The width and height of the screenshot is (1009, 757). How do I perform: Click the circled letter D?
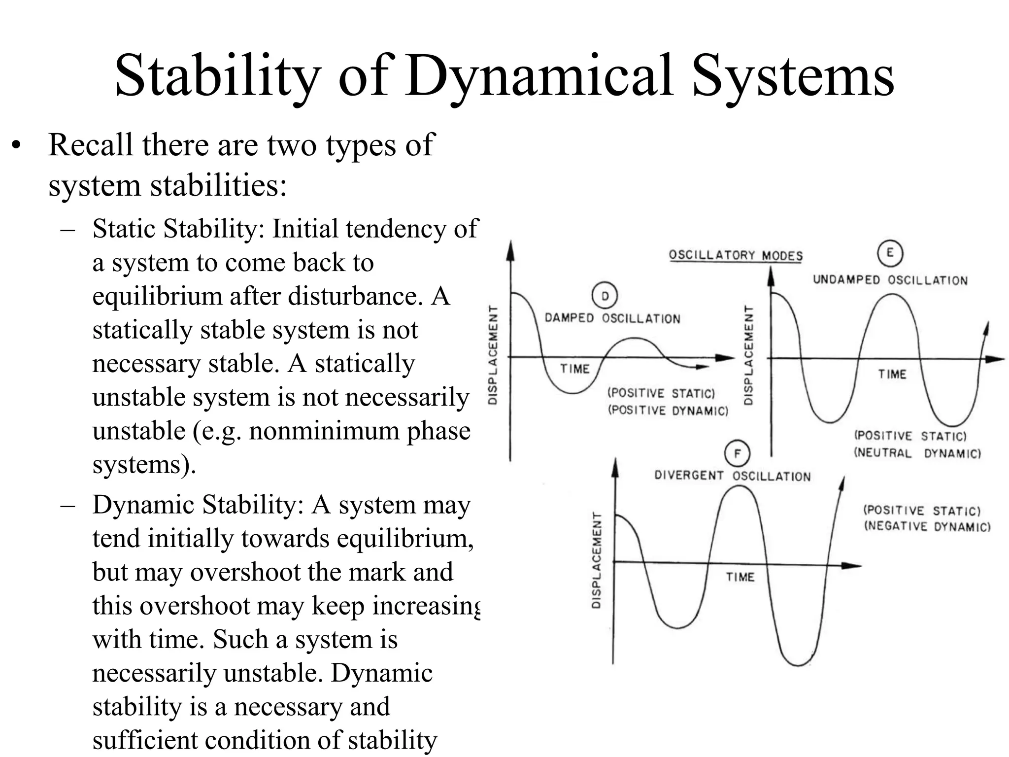pos(605,296)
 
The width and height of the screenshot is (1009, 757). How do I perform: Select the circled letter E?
pos(889,253)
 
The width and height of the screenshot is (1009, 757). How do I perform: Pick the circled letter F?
pos(737,453)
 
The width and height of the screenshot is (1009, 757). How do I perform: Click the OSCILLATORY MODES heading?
pos(735,255)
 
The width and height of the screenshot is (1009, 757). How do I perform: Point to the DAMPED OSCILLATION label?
pos(612,318)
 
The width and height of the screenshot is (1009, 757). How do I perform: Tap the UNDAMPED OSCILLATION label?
pos(890,280)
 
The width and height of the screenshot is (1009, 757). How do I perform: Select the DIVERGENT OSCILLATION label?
pos(732,476)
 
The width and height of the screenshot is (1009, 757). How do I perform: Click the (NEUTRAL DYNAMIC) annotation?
pos(917,453)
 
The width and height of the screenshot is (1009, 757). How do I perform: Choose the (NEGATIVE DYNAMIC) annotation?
pos(927,526)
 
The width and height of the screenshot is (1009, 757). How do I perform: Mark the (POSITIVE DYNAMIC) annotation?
pos(668,411)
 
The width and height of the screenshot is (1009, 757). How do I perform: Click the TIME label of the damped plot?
pos(574,369)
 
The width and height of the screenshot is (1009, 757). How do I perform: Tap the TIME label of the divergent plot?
pos(740,577)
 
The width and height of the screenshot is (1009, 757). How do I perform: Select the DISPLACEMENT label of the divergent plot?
pos(596,560)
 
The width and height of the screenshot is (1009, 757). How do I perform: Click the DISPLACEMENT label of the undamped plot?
pos(748,355)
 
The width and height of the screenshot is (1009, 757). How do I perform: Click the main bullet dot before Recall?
pos(17,146)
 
